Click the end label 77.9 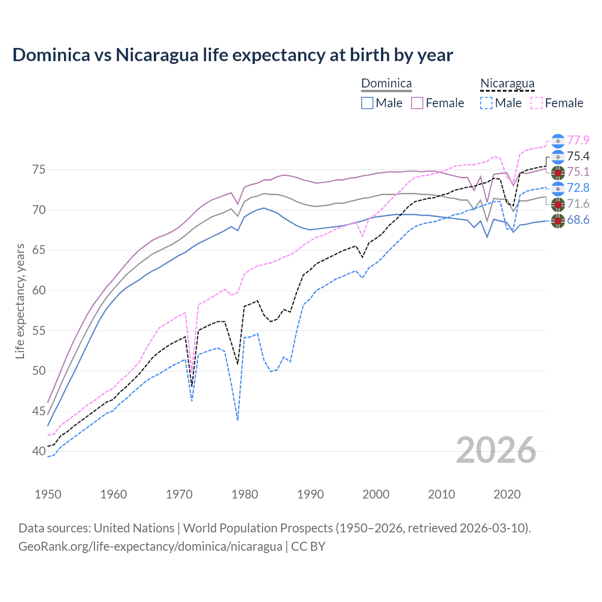coord(578,140)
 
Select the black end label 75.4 coord(578,156)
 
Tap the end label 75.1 coord(578,172)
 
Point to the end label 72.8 coord(578,188)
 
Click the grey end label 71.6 coord(578,204)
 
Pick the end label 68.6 coord(578,220)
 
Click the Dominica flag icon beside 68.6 coord(558,221)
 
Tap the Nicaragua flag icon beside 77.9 coord(558,141)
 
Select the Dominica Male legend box coord(367,103)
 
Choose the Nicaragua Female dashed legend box coord(537,103)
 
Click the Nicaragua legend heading coord(507,84)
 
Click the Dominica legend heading coord(386,84)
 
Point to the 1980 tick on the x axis coord(245,494)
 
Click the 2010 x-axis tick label coord(441,494)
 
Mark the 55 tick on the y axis coord(39,331)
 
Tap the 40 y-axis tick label coord(39,451)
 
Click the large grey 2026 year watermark coord(496,451)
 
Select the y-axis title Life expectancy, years coord(20,301)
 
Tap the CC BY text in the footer coord(308,547)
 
